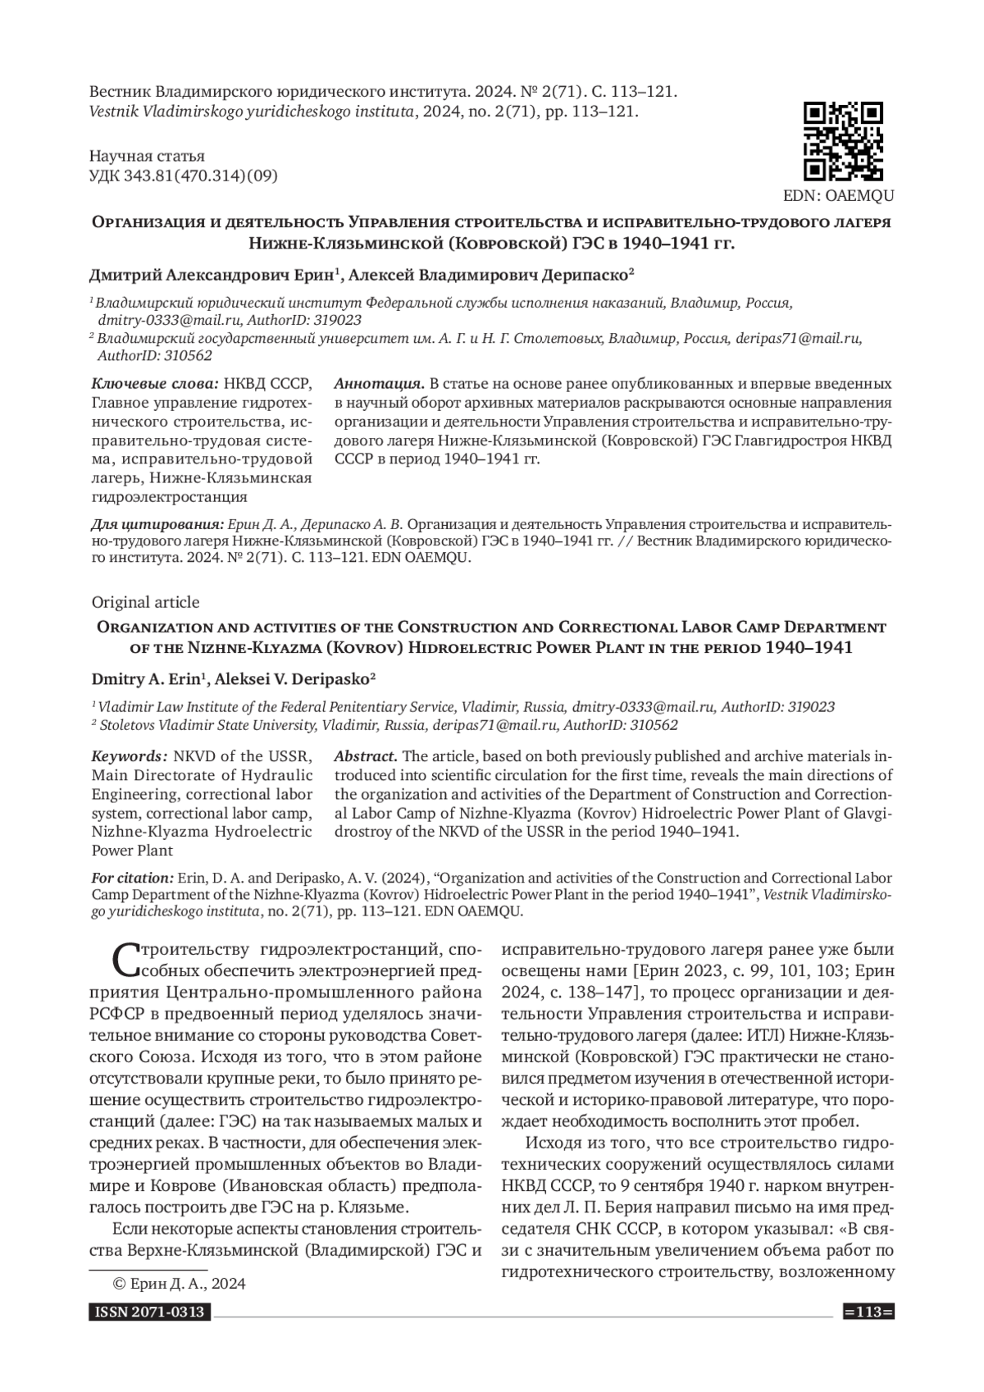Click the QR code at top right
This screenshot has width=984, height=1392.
point(843,141)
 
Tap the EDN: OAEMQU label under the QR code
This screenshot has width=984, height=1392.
point(839,196)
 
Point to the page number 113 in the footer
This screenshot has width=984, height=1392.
point(868,1313)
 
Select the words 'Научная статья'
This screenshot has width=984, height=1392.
point(147,156)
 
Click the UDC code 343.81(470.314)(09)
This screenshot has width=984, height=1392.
point(184,175)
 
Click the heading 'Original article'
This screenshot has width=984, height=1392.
point(145,602)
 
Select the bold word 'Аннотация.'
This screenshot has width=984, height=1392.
point(380,384)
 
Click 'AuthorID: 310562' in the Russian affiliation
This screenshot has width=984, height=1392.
point(155,355)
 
